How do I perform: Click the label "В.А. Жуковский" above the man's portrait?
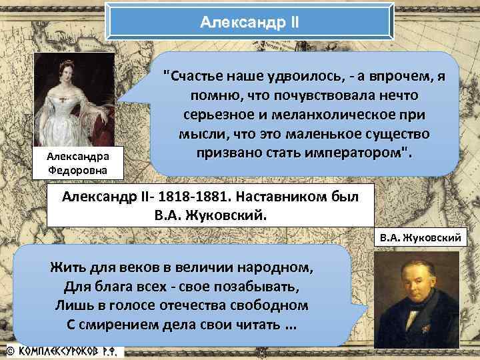tap(425, 237)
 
